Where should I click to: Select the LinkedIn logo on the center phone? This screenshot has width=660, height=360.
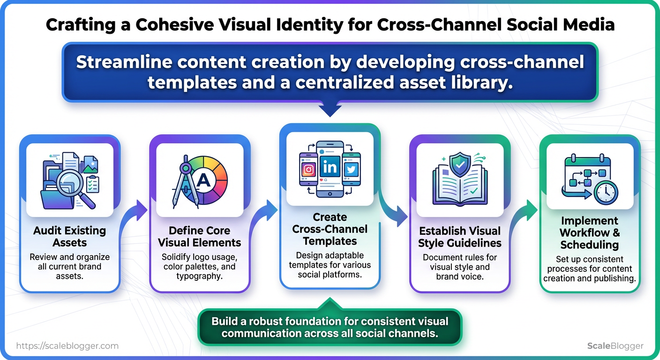[x=330, y=167]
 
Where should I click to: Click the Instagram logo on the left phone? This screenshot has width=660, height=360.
[x=308, y=170]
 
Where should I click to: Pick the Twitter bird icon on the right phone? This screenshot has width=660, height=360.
[x=351, y=170]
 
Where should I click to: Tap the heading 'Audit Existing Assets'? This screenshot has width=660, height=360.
[x=69, y=237]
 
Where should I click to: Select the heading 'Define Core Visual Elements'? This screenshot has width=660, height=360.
[x=199, y=237]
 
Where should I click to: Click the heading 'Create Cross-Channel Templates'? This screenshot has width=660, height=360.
[x=330, y=229]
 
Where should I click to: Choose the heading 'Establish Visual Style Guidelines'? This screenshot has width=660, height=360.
[x=460, y=237]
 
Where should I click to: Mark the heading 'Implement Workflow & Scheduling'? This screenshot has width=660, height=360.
[x=589, y=233]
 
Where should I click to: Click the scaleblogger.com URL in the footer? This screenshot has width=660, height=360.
[x=67, y=346]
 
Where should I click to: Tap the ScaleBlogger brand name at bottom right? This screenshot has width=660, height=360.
[x=615, y=346]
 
